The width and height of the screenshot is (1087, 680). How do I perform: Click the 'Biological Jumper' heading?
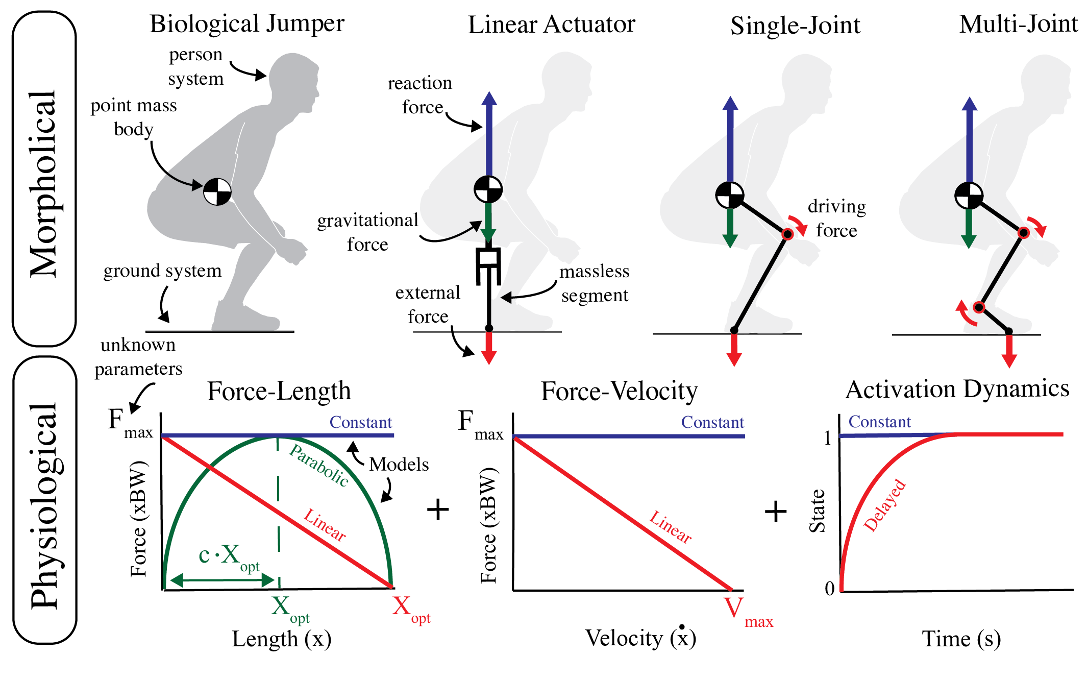pos(246,24)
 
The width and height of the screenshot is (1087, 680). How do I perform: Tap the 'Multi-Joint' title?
pos(1018,25)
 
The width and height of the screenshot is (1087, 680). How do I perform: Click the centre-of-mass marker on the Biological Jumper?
pos(217,191)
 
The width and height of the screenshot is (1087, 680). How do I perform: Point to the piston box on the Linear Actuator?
pos(488,258)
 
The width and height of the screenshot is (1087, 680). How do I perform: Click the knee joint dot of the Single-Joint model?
pos(787,234)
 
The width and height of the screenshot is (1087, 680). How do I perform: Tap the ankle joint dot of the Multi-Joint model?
pos(978,307)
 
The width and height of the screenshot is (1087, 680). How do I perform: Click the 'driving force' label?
pos(836,218)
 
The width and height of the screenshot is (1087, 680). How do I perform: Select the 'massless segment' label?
pos(595,283)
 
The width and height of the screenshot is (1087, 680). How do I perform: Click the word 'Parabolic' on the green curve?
pos(319,465)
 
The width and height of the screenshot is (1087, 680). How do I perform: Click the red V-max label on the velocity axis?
pos(747,612)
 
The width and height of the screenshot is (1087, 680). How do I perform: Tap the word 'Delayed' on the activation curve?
pos(885,505)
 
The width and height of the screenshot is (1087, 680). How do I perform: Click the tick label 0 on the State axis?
pos(830,589)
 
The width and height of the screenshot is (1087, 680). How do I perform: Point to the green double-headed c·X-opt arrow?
pos(223,580)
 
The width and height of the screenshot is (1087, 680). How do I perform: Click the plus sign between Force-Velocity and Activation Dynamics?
pos(776,511)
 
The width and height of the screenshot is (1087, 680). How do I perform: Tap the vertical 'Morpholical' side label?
pos(43,184)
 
